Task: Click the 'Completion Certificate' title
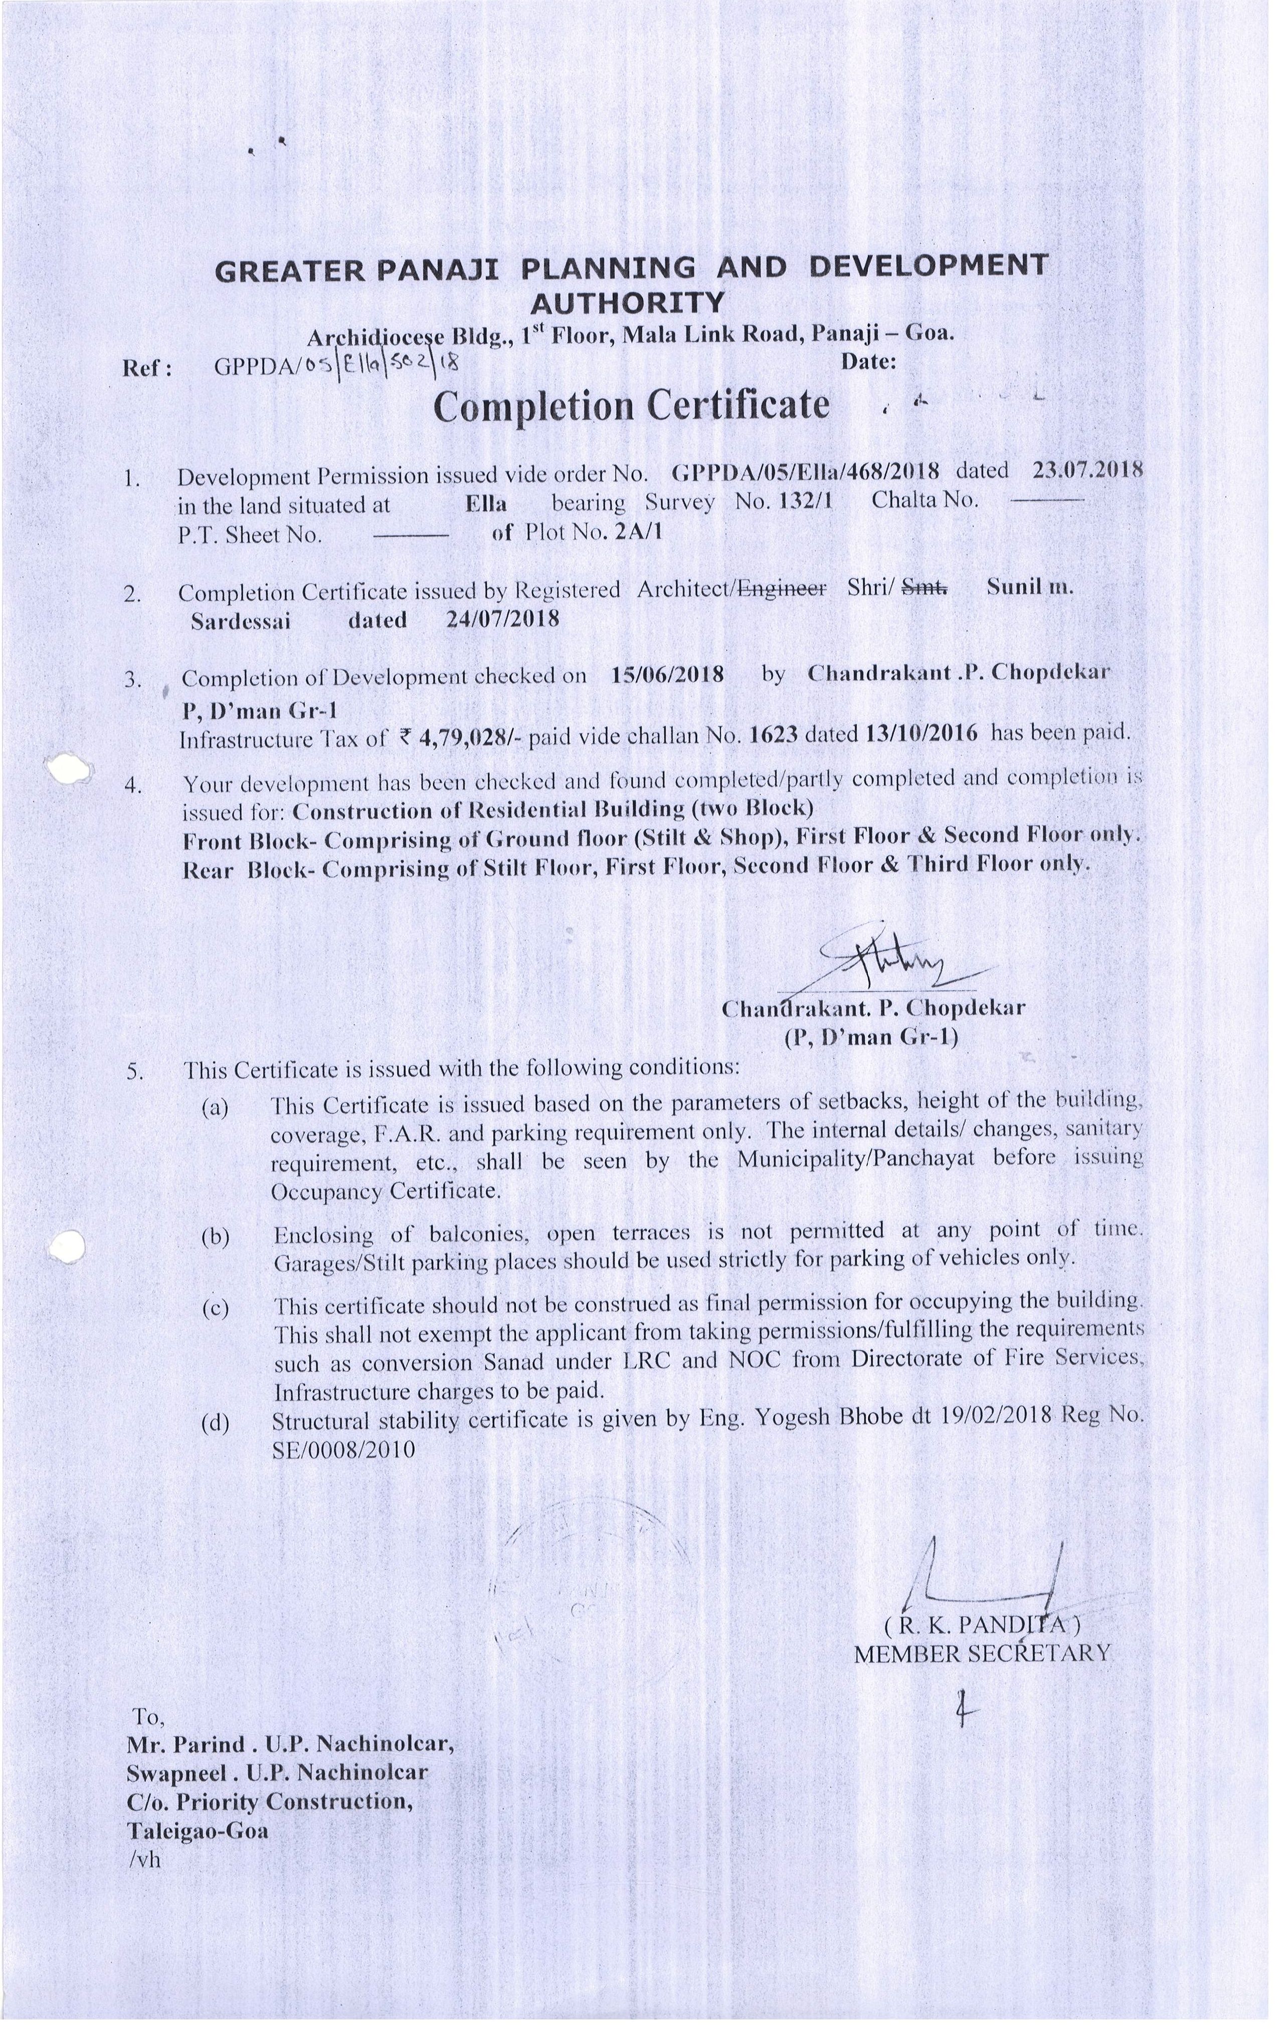(x=631, y=405)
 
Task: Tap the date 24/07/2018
(x=502, y=619)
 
